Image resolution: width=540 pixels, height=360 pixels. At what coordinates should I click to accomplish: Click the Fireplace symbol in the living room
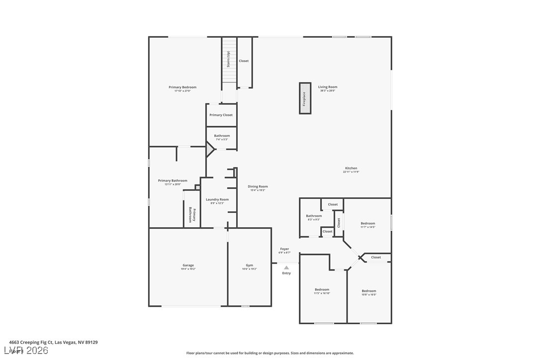(305, 98)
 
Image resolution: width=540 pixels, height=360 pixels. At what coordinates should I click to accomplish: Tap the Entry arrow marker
(286, 268)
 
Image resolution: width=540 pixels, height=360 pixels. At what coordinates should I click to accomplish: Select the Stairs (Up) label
(228, 60)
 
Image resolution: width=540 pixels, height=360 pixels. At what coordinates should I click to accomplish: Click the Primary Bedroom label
(182, 88)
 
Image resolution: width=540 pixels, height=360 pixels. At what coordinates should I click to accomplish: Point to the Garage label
(188, 266)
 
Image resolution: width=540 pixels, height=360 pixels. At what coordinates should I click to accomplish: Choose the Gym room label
(249, 266)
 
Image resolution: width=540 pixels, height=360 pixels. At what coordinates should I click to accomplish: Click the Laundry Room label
(217, 199)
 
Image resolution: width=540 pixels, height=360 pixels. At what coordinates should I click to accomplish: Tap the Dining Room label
(258, 186)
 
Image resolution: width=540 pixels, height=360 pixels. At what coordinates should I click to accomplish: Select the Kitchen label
(351, 168)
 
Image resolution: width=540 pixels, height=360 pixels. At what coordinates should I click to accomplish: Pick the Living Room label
(328, 87)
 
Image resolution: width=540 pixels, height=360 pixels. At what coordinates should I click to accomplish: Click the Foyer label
(284, 249)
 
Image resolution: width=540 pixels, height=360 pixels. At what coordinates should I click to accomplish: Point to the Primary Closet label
(221, 115)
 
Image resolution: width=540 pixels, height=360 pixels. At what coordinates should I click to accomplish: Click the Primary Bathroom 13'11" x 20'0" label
(173, 180)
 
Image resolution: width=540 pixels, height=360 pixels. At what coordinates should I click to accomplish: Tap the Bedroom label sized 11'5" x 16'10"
(322, 289)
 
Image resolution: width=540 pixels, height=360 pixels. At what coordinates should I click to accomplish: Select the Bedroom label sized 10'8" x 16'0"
(369, 291)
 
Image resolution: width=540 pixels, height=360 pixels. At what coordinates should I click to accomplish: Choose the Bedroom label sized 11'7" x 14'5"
(368, 223)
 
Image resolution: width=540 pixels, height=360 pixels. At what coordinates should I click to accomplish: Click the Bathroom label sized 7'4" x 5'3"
(222, 136)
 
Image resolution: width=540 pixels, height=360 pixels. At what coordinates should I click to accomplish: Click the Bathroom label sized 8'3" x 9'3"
(314, 216)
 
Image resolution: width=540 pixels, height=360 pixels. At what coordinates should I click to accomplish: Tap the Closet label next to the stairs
(244, 61)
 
